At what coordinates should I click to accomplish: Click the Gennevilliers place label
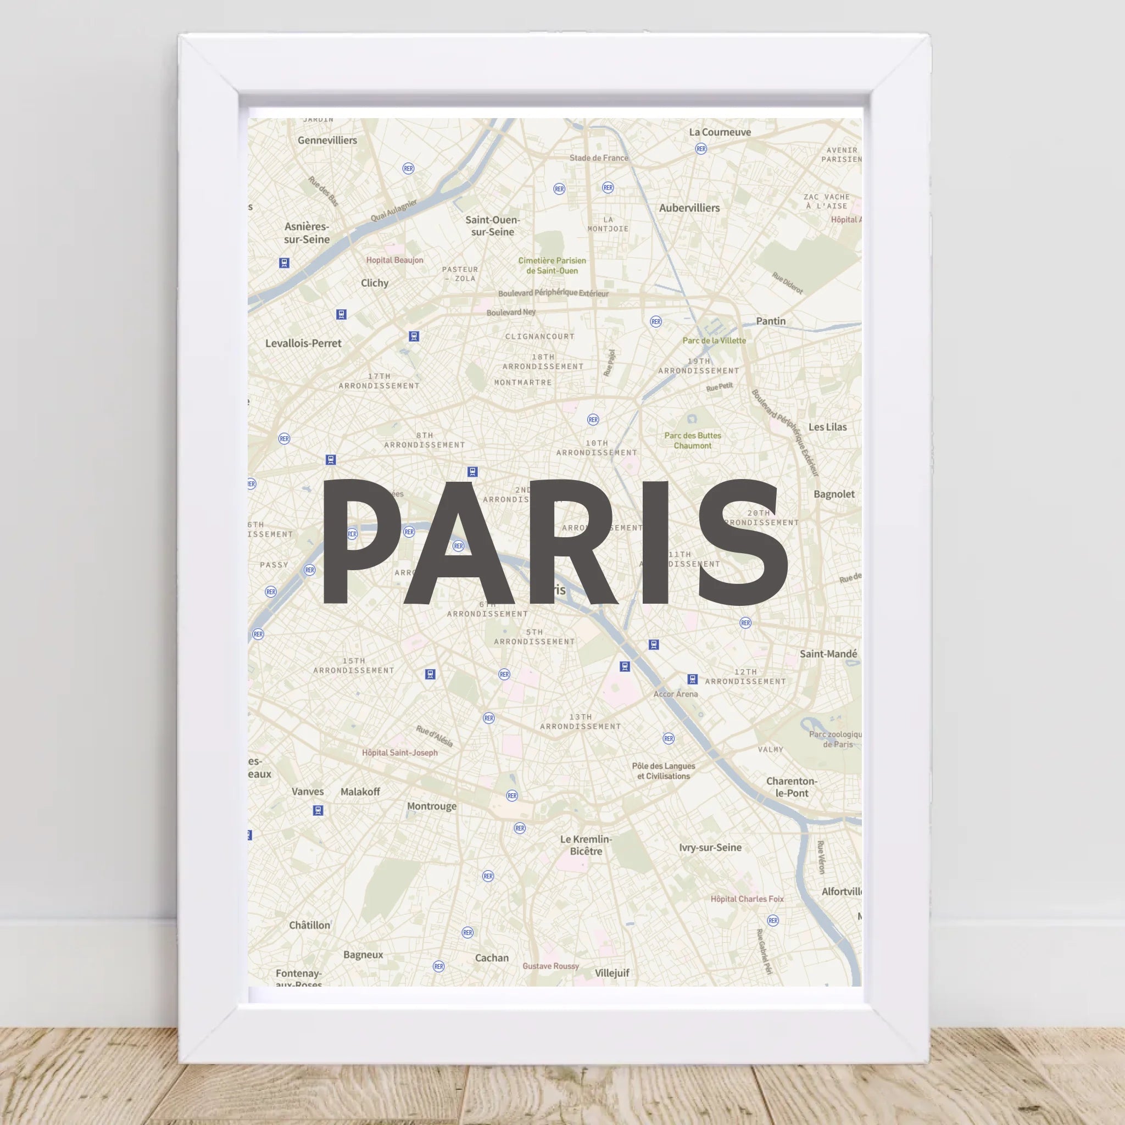(327, 140)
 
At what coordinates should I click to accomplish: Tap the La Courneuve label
(720, 132)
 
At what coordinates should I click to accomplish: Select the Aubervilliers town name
(689, 208)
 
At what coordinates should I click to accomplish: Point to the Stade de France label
(599, 158)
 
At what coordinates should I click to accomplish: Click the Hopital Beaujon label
(394, 260)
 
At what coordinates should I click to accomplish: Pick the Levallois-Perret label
(303, 343)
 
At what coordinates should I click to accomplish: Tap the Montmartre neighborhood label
(523, 382)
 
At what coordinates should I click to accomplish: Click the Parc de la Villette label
(714, 341)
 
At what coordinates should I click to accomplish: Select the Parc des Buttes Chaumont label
(692, 440)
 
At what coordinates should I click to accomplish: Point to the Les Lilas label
(827, 427)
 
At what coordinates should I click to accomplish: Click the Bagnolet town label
(834, 494)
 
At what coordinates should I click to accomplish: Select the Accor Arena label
(676, 694)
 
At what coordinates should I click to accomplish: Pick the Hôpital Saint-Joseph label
(399, 753)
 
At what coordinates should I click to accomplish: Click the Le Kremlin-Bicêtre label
(586, 845)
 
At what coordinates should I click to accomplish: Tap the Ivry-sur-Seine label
(710, 848)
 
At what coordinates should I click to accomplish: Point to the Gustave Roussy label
(550, 966)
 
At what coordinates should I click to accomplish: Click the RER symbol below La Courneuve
(701, 149)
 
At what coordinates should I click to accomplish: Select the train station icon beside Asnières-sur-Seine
(284, 263)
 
